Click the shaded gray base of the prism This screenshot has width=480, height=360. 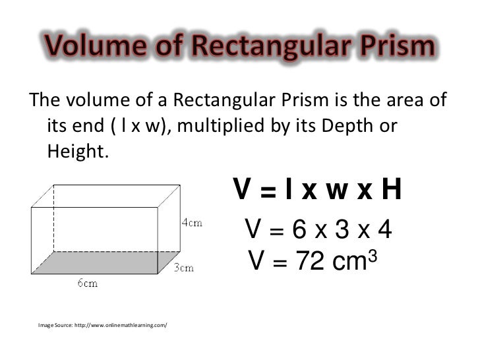(99, 264)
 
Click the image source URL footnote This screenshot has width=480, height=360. (102, 325)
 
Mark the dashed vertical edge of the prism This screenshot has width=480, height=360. (53, 218)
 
